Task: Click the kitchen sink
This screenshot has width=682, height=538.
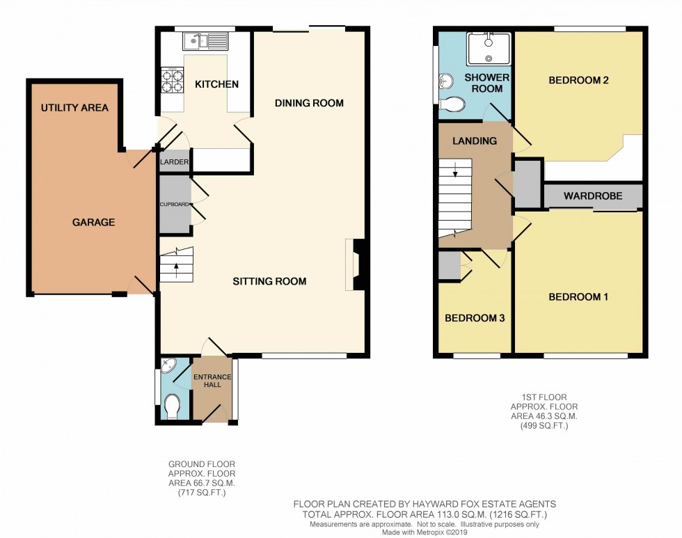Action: tap(205, 41)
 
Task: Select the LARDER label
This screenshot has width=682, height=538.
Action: tap(174, 162)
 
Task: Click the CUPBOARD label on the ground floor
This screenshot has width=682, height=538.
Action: tap(175, 205)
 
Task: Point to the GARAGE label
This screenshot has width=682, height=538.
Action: tap(93, 222)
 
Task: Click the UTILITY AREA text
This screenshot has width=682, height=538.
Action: tap(74, 108)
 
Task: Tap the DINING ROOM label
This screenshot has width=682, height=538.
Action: tap(309, 103)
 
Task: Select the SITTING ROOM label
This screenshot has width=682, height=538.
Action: tap(269, 281)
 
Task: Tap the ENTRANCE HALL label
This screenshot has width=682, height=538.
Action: tap(213, 381)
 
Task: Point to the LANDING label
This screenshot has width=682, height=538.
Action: tap(475, 141)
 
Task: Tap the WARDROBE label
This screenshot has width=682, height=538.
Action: tap(593, 196)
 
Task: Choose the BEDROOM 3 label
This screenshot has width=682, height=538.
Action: tap(475, 318)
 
